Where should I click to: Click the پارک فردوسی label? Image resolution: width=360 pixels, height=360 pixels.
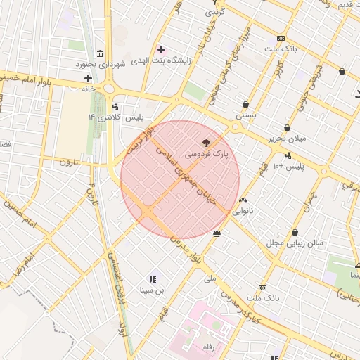click(205, 152)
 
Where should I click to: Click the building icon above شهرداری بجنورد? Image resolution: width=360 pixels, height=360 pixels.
click(101, 54)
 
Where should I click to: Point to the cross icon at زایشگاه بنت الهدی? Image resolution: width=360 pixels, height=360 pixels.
click(161, 49)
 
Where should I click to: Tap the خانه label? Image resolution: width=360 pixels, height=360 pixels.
click(88, 89)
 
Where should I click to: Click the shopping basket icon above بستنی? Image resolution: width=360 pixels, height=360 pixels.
click(245, 103)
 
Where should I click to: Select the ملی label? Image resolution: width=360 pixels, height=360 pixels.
click(210, 278)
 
